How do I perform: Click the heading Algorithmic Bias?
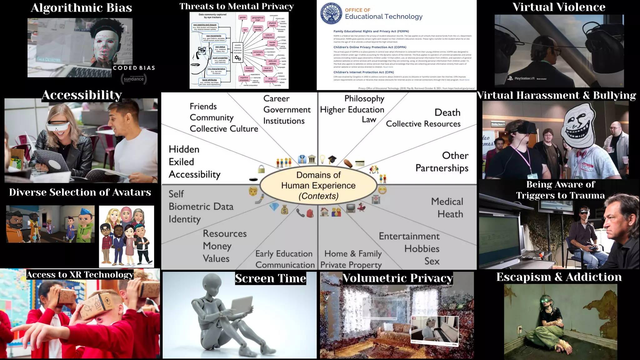click(81, 8)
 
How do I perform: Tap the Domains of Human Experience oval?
click(318, 185)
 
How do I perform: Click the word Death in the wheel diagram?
click(447, 112)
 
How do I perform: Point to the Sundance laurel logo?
click(134, 79)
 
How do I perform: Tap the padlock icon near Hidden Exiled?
click(261, 169)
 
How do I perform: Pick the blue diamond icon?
click(274, 207)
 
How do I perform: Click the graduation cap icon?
click(332, 160)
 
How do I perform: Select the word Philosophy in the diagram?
click(364, 99)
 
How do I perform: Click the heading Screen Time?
click(270, 278)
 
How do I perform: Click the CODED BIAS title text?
click(134, 68)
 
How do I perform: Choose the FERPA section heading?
click(371, 31)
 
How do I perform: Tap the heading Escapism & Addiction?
click(559, 277)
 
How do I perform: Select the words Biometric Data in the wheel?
click(201, 207)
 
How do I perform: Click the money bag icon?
click(284, 210)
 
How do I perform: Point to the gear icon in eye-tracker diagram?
click(238, 58)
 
